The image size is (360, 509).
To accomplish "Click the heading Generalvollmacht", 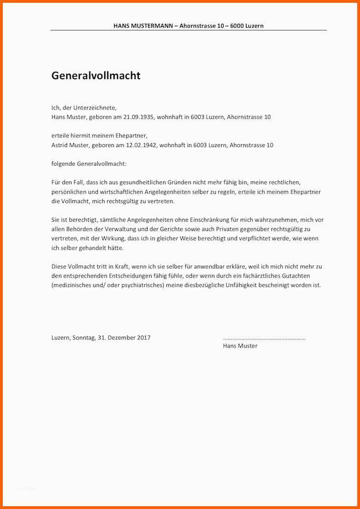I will pyautogui.click(x=96, y=76).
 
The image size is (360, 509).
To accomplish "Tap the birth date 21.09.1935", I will pyautogui.click(x=139, y=117).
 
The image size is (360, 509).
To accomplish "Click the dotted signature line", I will pyautogui.click(x=264, y=338).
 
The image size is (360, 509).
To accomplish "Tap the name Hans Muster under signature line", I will pyautogui.click(x=240, y=346).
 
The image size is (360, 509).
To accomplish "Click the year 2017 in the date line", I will pyautogui.click(x=144, y=337).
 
